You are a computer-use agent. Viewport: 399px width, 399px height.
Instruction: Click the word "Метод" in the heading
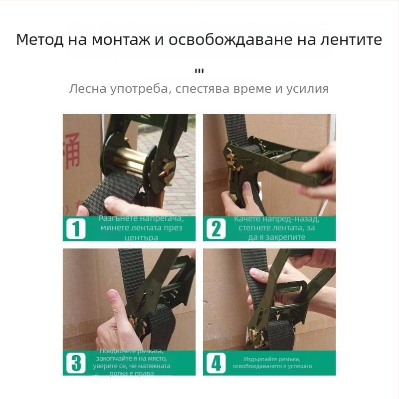tap(39, 40)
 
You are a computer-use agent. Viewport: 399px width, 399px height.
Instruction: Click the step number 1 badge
tap(76, 229)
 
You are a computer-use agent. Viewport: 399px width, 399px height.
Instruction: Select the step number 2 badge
tap(216, 229)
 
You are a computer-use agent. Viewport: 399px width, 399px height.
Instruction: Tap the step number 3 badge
tap(76, 362)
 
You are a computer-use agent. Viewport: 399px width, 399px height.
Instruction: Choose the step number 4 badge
tap(216, 362)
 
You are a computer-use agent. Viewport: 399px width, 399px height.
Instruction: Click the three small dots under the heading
tap(199, 70)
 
